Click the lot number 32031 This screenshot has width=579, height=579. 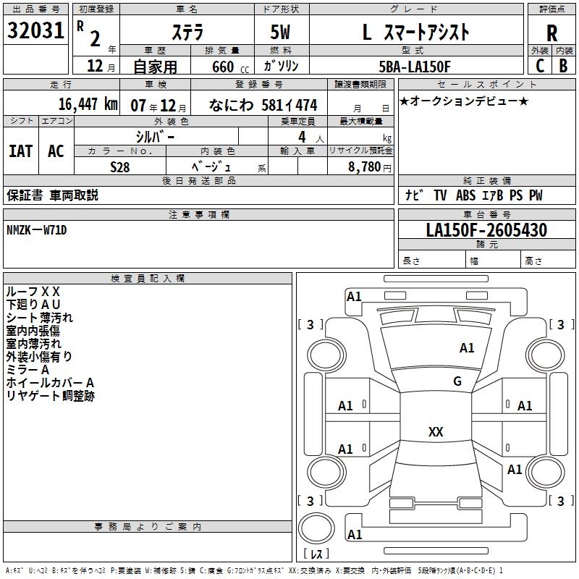[36, 31]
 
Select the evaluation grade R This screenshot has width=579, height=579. [551, 33]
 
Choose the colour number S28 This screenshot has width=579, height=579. [120, 166]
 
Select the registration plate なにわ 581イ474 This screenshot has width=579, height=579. [263, 105]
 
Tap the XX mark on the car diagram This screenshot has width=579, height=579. [436, 431]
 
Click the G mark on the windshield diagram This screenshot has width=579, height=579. [457, 381]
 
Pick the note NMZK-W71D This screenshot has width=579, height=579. [37, 230]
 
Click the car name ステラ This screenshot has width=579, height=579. [187, 33]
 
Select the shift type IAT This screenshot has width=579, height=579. [20, 151]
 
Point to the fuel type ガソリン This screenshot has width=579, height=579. [281, 66]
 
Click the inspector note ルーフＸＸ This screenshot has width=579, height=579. [33, 292]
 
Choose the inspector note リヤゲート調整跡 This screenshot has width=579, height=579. [51, 396]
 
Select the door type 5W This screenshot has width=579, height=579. [280, 33]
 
